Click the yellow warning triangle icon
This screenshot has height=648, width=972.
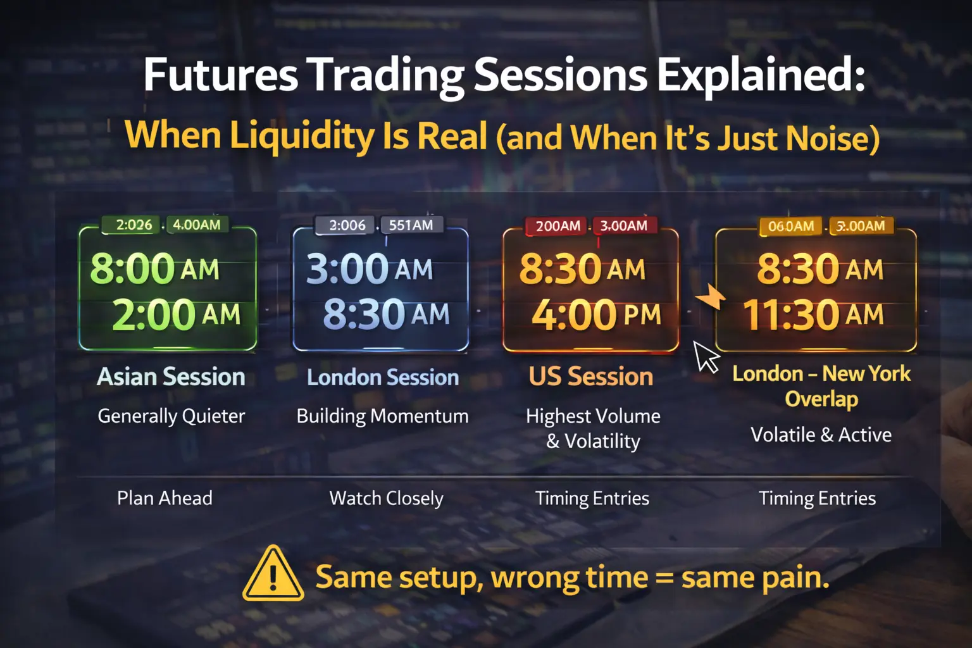[273, 575]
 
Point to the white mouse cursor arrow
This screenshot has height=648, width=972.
[706, 356]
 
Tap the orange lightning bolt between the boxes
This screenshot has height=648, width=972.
[711, 296]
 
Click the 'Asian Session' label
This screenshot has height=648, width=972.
[171, 377]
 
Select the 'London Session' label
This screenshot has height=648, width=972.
[383, 378]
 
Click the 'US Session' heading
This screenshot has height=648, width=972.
[590, 377]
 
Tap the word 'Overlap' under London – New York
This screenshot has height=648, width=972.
[821, 399]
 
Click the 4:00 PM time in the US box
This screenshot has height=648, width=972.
[595, 315]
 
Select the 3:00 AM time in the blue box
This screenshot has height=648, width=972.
[369, 269]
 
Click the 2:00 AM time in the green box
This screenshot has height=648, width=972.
[176, 315]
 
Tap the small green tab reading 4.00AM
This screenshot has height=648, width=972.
[197, 225]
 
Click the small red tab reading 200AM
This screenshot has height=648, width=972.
[558, 226]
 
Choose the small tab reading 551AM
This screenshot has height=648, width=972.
[411, 225]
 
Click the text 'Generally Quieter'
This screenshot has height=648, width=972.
[171, 416]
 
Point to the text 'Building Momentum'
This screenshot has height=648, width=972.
[382, 416]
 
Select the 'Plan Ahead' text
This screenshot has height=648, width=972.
[165, 499]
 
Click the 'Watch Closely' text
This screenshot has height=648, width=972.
[386, 499]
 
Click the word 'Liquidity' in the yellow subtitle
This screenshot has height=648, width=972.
[302, 136]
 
